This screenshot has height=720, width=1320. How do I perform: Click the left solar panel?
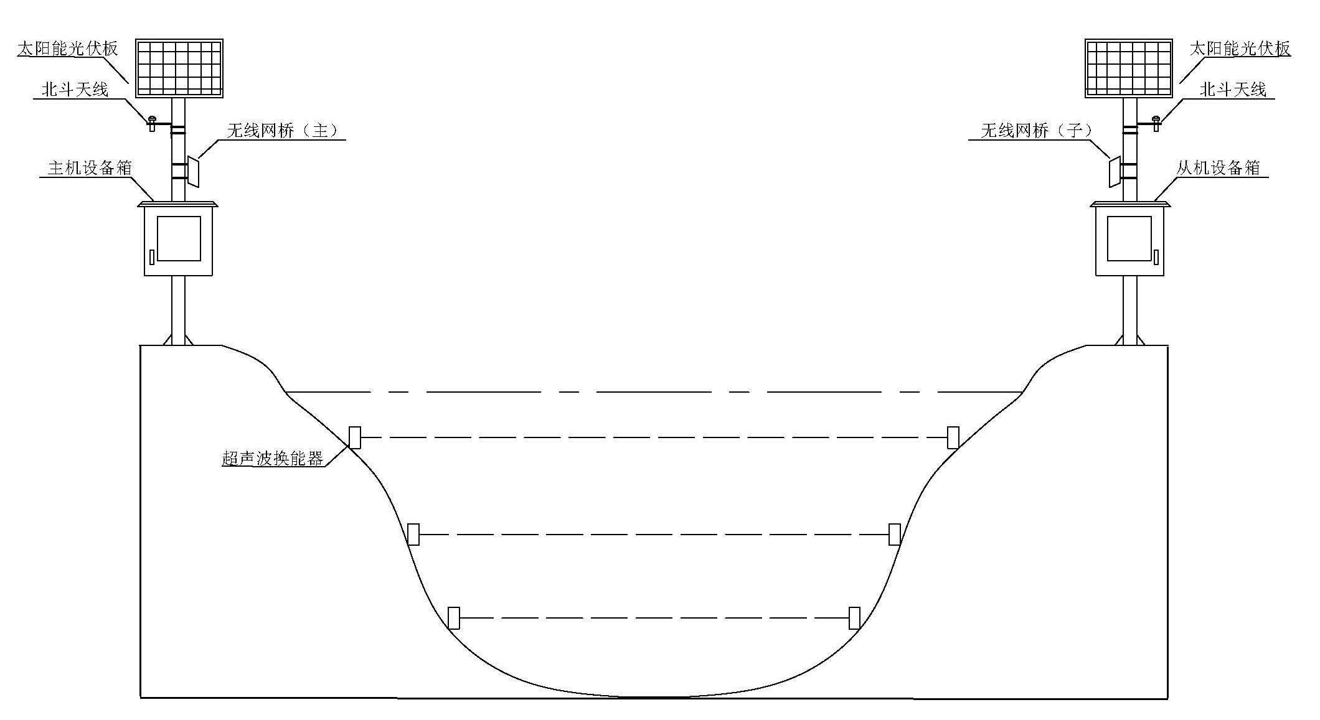click(179, 68)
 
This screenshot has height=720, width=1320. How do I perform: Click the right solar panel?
click(1129, 68)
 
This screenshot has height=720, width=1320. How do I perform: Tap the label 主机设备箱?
click(90, 168)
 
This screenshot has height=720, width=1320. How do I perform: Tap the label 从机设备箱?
click(1218, 168)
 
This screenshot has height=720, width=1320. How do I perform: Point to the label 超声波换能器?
click(273, 459)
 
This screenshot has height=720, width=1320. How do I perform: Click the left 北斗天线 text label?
click(75, 90)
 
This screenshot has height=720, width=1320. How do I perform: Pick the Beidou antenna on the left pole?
click(151, 123)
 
